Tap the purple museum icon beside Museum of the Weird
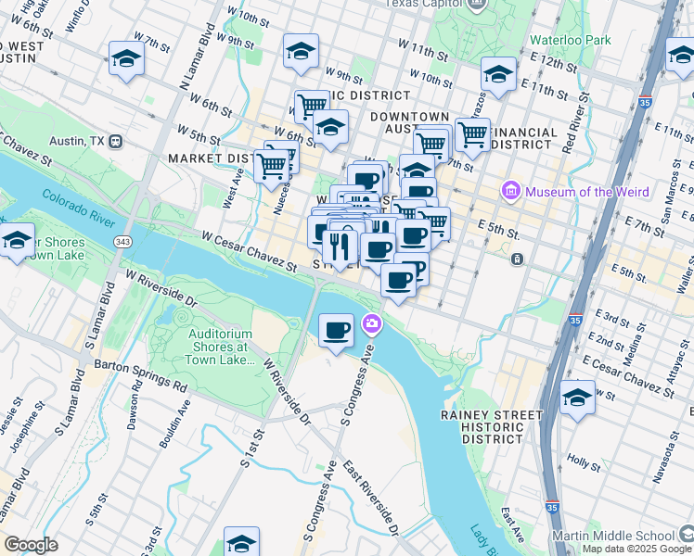[x=510, y=192]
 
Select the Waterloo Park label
[x=571, y=40]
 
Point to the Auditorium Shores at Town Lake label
[x=221, y=347]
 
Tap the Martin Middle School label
[x=625, y=536]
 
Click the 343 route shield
[x=122, y=241]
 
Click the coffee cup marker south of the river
[x=336, y=330]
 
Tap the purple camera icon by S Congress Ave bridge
[x=372, y=323]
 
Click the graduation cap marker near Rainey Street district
[x=577, y=398]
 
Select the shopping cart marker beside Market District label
[x=272, y=166]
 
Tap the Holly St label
[x=583, y=458]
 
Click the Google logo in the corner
[x=31, y=544]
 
